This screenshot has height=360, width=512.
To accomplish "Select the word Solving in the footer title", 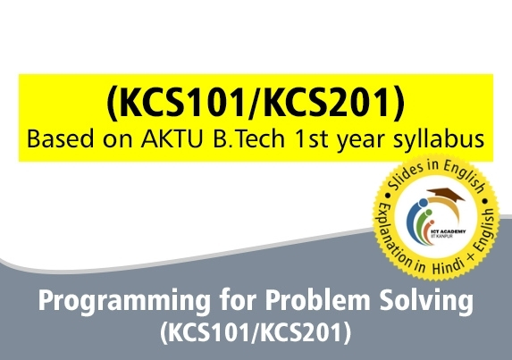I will pos(426,304).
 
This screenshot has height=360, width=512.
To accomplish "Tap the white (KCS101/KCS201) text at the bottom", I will pos(256,335).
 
